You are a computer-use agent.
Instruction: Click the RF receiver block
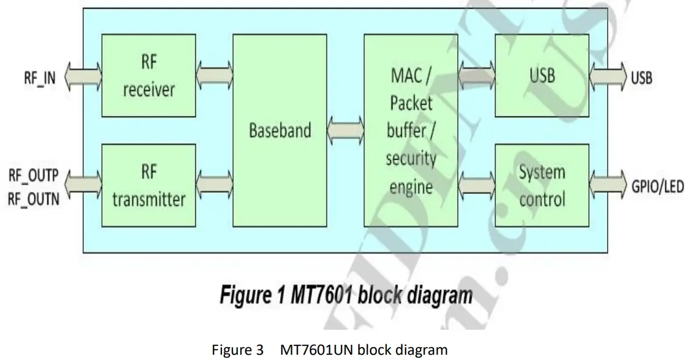149,76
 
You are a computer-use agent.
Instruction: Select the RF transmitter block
149,186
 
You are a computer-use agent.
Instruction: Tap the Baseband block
280,130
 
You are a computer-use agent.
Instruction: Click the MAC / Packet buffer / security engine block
411,130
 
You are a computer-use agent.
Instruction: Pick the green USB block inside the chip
542,76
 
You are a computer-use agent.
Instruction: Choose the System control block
542,186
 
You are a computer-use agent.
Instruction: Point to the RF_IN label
40,77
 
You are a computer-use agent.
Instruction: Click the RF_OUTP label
33,176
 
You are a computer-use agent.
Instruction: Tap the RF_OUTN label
33,200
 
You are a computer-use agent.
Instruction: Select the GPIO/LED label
657,187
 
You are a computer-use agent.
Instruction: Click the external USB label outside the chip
641,77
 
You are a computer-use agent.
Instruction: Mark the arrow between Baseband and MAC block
345,129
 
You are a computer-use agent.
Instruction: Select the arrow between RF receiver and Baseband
214,76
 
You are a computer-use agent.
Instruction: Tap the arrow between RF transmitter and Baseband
214,186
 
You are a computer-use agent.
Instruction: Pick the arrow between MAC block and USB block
477,76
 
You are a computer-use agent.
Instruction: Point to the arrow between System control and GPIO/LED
608,186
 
